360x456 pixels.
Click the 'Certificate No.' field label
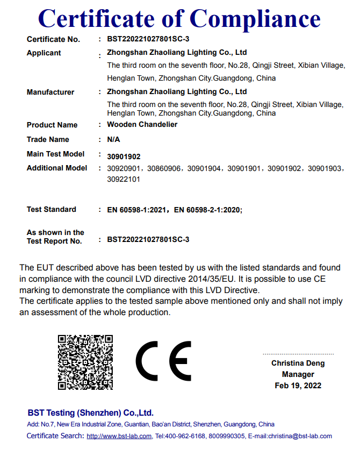53,39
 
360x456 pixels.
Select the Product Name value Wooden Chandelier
142,124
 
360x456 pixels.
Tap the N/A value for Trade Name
114,139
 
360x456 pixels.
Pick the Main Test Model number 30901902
124,156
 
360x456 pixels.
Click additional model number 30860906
164,168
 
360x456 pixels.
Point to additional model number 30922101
124,179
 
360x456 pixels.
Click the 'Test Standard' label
52,209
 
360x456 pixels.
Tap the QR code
85,362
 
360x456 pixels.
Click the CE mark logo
163,361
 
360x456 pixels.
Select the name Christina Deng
298,364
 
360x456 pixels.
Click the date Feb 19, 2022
298,386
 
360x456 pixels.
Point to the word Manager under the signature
298,374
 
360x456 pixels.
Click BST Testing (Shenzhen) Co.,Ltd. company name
90,413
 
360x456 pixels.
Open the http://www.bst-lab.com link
119,436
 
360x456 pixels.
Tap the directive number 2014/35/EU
212,280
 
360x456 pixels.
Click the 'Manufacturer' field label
51,92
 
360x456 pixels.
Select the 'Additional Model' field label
57,168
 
